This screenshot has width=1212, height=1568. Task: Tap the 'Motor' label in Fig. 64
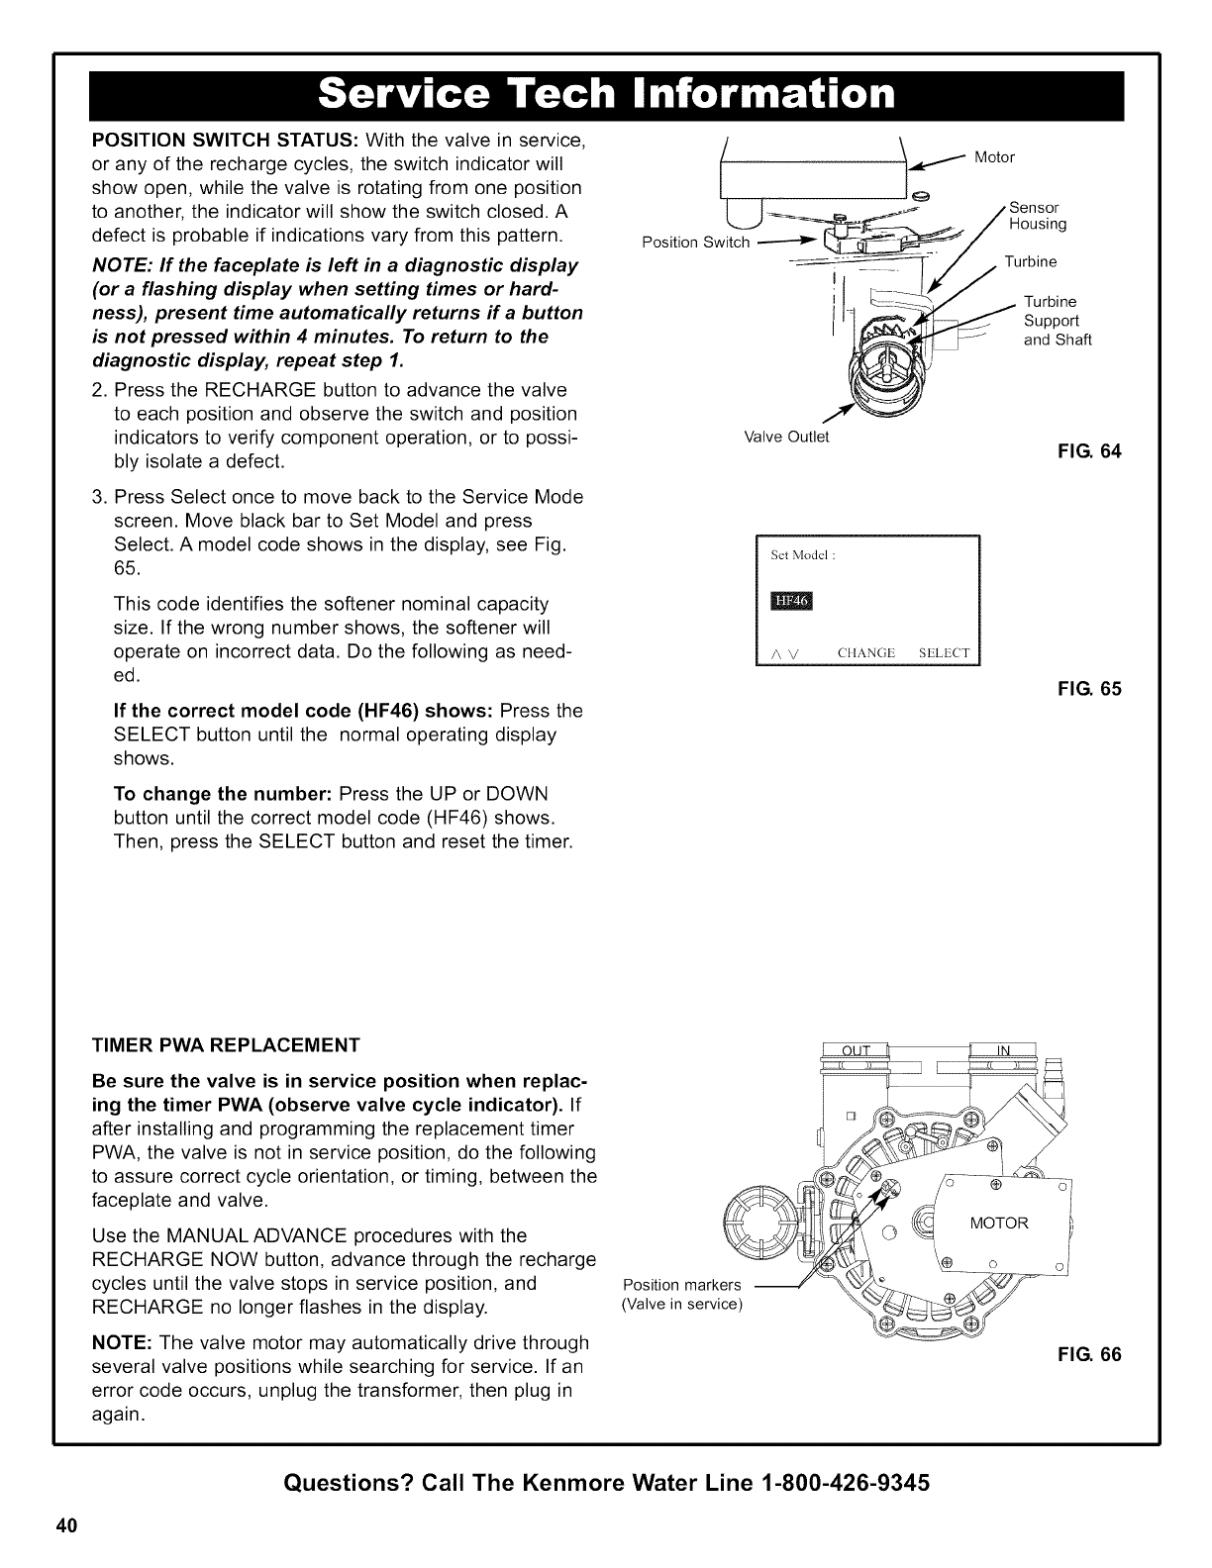pyautogui.click(x=994, y=156)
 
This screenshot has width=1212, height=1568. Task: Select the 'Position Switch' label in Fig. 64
pyautogui.click(x=696, y=243)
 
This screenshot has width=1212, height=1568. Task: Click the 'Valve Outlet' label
pyautogui.click(x=786, y=436)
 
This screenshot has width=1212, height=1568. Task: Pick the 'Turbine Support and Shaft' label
pyautogui.click(x=1057, y=321)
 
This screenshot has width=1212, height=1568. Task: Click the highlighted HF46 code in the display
pyautogui.click(x=790, y=602)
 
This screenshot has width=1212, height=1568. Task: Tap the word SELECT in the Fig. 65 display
pyautogui.click(x=946, y=652)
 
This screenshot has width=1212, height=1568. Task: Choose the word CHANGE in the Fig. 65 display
pyautogui.click(x=865, y=652)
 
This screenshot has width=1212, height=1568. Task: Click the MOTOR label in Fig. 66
pyautogui.click(x=999, y=1224)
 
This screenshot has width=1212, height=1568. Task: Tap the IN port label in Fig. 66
pyautogui.click(x=1001, y=1051)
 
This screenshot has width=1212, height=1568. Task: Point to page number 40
pyautogui.click(x=65, y=1525)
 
